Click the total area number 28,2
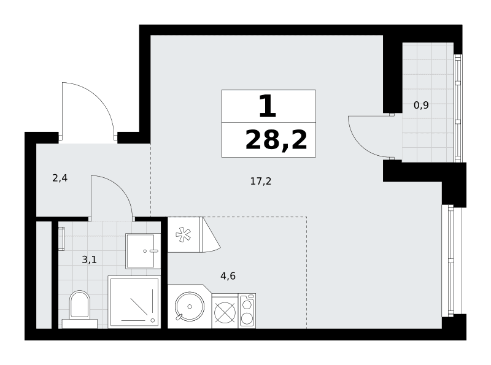276,140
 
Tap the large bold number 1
268,106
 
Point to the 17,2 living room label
260,181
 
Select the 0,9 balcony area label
421,105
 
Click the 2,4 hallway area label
60,178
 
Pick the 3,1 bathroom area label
89,259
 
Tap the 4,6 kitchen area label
228,276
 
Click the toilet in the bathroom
79,309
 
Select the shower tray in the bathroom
134,302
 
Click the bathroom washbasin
143,251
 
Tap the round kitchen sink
190,306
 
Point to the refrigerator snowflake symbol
183,235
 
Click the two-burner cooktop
247,311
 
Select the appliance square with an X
225,312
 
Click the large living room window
450,261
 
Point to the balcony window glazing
458,109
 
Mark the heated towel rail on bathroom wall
61,239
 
